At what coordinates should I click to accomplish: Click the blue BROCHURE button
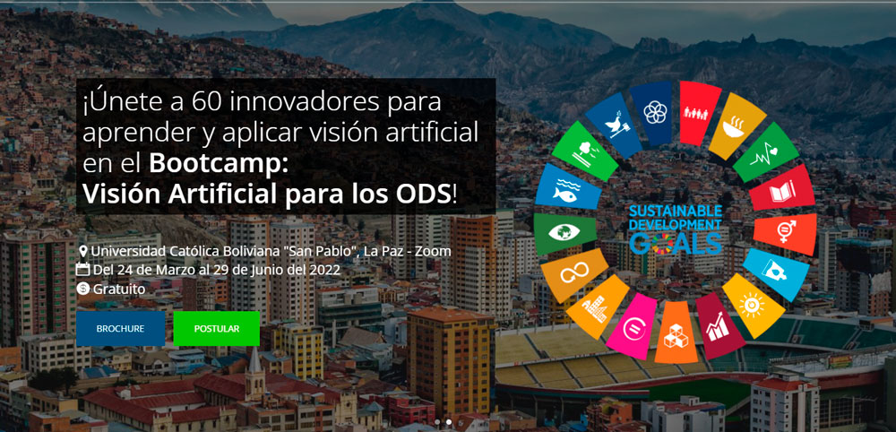pyautogui.click(x=120, y=329)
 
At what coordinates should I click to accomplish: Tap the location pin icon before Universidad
pyautogui.click(x=83, y=252)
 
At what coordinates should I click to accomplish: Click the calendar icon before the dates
pyautogui.click(x=83, y=270)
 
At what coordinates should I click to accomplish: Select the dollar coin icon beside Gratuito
pyautogui.click(x=83, y=289)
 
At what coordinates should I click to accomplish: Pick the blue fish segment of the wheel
pyautogui.click(x=567, y=189)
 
